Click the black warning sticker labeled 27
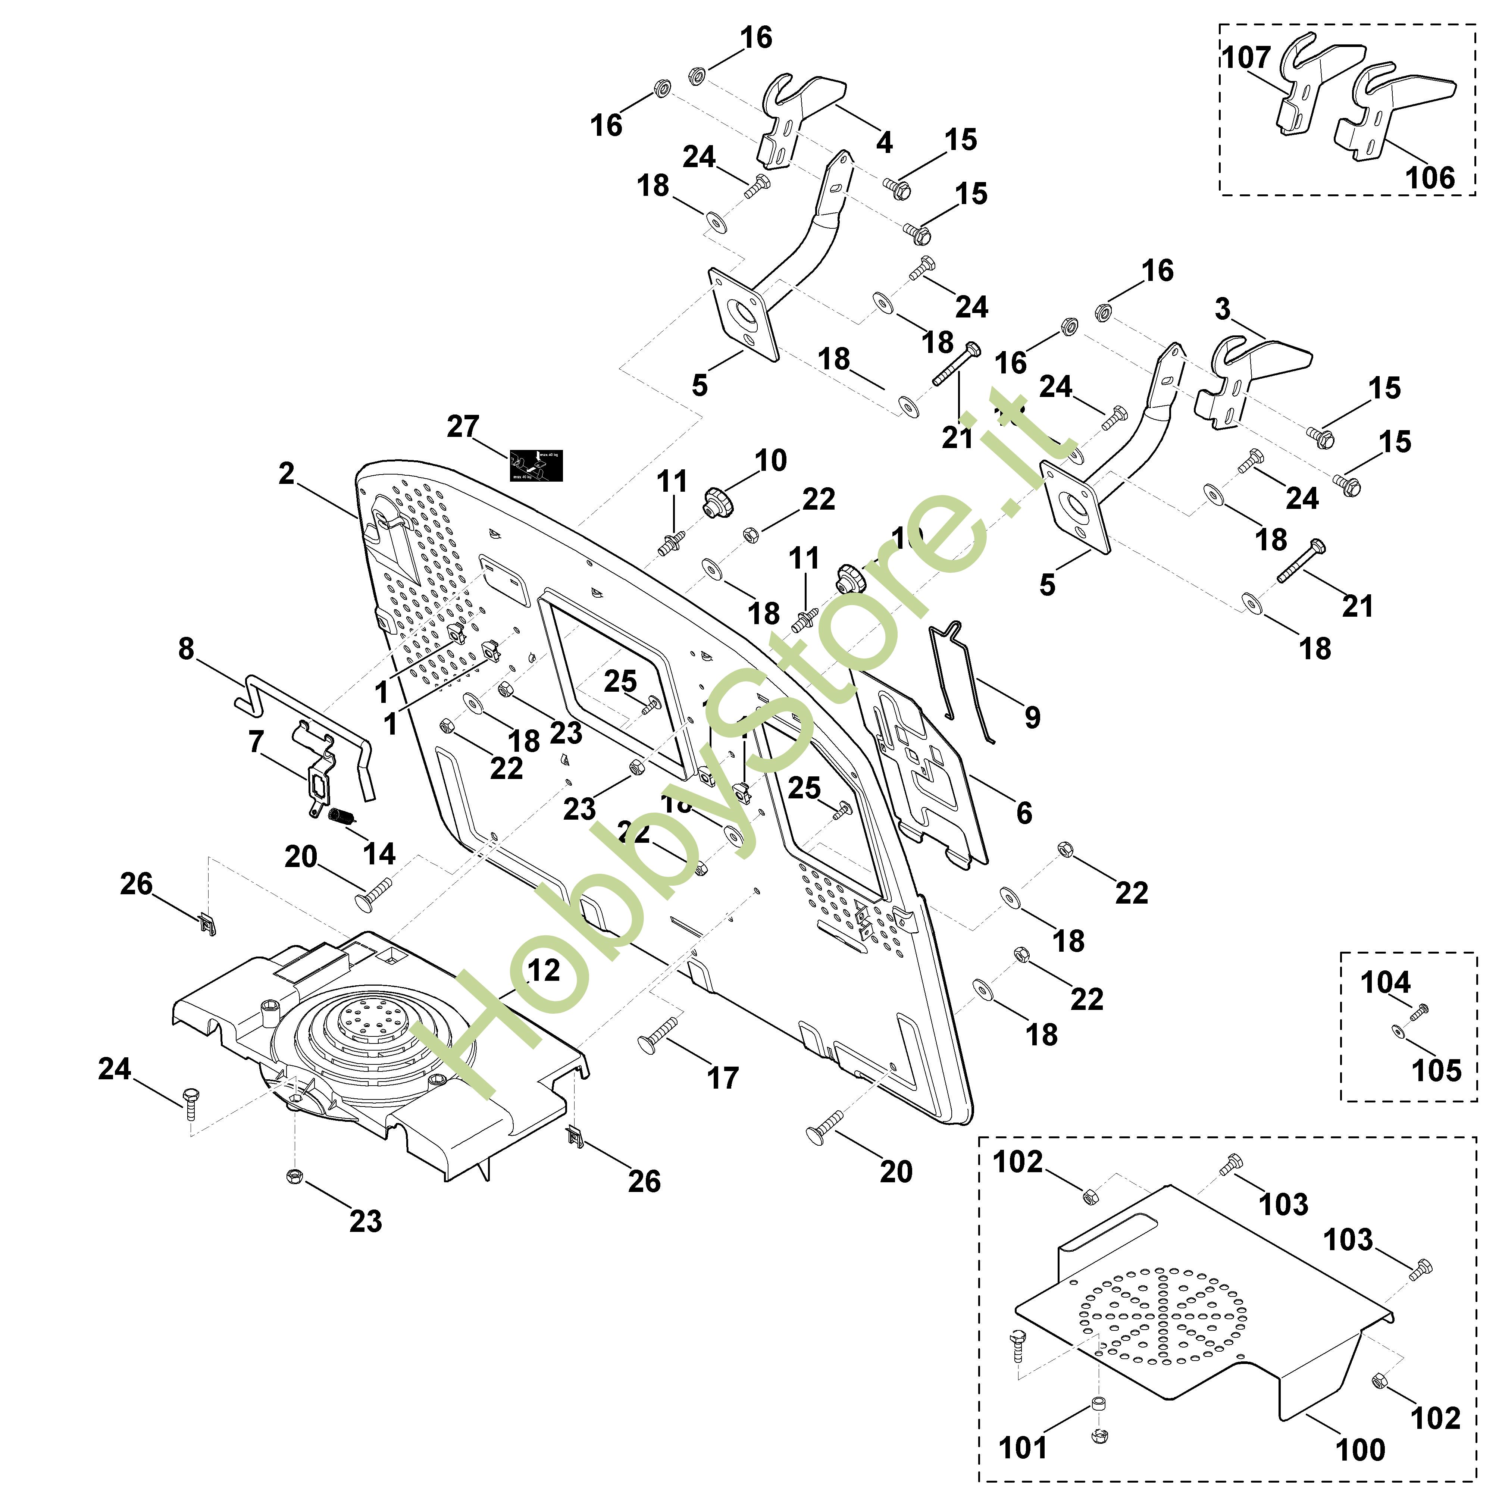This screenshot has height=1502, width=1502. coord(536,466)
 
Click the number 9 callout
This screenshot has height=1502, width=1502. coord(1032,717)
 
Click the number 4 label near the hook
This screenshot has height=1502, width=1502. coord(884,142)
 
